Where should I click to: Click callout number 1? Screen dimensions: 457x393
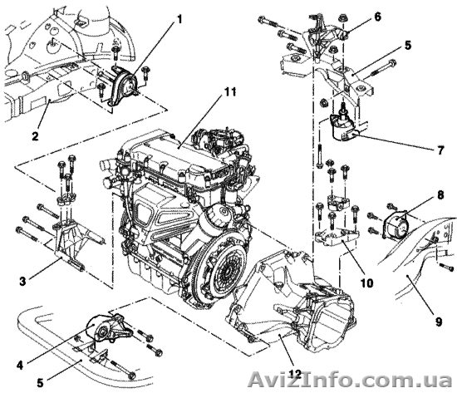pos(179,20)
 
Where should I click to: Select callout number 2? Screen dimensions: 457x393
pos(35,136)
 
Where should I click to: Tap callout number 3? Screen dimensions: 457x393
pos(22,281)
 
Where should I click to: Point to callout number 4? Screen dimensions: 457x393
pos(20,365)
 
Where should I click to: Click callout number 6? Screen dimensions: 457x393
pos(377,17)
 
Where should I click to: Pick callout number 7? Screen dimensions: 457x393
pos(440,150)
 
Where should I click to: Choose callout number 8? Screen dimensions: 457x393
pos(440,195)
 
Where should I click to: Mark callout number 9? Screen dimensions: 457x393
pos(439,322)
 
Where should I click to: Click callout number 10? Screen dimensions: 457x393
pos(367,282)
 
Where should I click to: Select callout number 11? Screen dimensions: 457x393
pos(230,92)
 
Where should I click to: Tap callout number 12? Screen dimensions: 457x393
pos(294,373)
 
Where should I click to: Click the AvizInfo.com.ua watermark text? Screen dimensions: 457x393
pos(351,380)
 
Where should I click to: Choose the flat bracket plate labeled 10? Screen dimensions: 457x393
pos(337,234)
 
